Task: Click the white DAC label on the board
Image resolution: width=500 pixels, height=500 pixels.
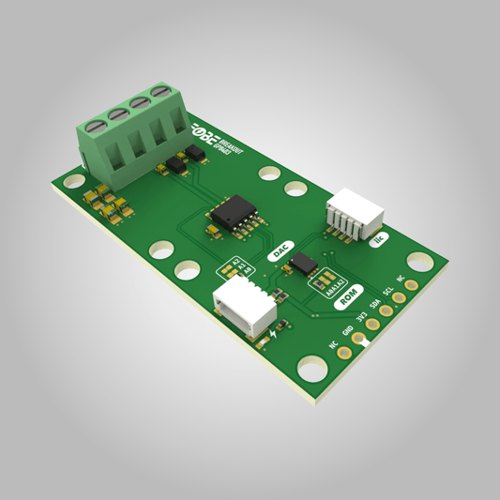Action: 280,251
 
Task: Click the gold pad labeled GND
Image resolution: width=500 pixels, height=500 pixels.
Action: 358,341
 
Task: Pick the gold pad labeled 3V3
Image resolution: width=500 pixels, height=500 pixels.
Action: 372,326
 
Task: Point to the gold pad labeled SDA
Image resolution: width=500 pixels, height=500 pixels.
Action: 386,312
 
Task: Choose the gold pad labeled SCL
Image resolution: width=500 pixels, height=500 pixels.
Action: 399,300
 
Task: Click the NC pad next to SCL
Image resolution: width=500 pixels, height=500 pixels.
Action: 411,288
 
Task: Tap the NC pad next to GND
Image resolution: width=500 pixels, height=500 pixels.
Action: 344,355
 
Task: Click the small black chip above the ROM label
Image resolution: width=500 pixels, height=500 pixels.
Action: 304,262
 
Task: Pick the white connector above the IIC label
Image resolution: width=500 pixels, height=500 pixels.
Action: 352,213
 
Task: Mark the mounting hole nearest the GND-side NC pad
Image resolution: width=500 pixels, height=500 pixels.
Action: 309,367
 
